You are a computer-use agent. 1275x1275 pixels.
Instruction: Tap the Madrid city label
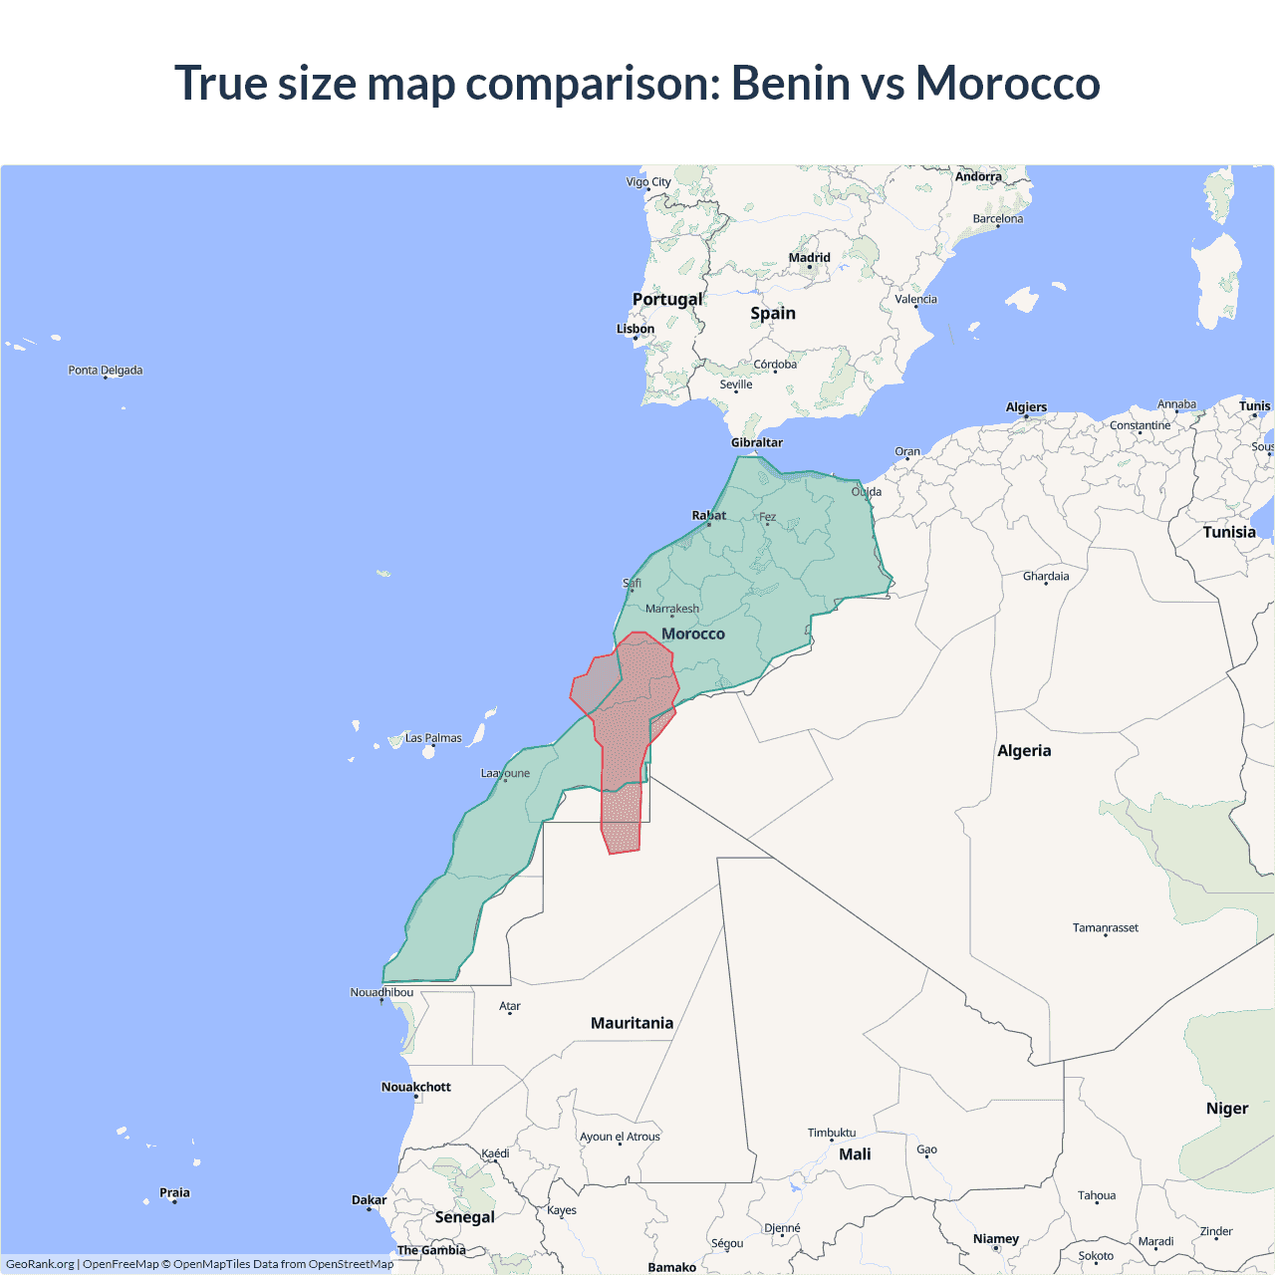(x=809, y=258)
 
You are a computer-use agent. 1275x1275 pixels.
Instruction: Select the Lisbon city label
(x=636, y=329)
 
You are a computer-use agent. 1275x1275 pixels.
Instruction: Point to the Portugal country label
(x=667, y=299)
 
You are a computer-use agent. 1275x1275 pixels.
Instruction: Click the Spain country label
(x=773, y=313)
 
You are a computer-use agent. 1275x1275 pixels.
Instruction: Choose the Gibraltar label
(x=757, y=442)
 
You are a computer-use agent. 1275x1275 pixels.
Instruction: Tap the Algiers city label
(x=1026, y=407)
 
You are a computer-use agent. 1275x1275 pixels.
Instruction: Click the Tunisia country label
(x=1229, y=532)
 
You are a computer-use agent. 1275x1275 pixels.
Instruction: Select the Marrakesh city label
(x=672, y=609)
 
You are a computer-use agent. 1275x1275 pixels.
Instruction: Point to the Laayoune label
(x=505, y=773)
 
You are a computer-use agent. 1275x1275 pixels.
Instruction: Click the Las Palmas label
(x=433, y=738)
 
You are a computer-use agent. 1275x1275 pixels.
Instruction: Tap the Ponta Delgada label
(x=106, y=371)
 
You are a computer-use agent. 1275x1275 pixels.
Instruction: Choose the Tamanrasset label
(x=1105, y=927)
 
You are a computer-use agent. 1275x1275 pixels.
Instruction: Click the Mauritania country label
(x=632, y=1023)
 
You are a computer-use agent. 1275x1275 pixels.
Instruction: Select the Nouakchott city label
(x=416, y=1087)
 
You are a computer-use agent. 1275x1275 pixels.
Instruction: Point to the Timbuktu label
(x=832, y=1133)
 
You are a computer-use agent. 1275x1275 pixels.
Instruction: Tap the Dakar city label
(x=369, y=1200)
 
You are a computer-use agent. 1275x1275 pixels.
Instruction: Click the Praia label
(x=174, y=1192)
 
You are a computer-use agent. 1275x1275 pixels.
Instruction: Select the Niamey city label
(x=996, y=1239)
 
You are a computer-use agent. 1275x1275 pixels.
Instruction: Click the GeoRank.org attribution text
(x=40, y=1264)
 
